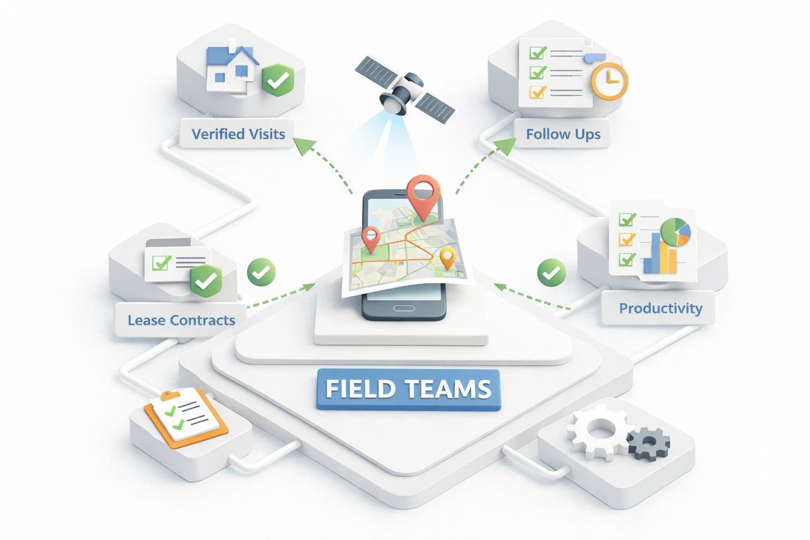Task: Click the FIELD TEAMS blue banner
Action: tap(408, 389)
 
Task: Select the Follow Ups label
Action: tap(563, 134)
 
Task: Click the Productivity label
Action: tap(660, 308)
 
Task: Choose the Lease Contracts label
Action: tap(181, 320)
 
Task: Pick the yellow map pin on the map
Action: tap(447, 257)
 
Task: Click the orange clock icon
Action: tap(609, 81)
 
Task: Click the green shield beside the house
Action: tap(277, 80)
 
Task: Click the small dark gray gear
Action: tap(649, 443)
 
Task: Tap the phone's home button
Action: tap(404, 308)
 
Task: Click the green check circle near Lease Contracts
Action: tap(261, 272)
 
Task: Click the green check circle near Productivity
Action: tap(551, 273)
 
